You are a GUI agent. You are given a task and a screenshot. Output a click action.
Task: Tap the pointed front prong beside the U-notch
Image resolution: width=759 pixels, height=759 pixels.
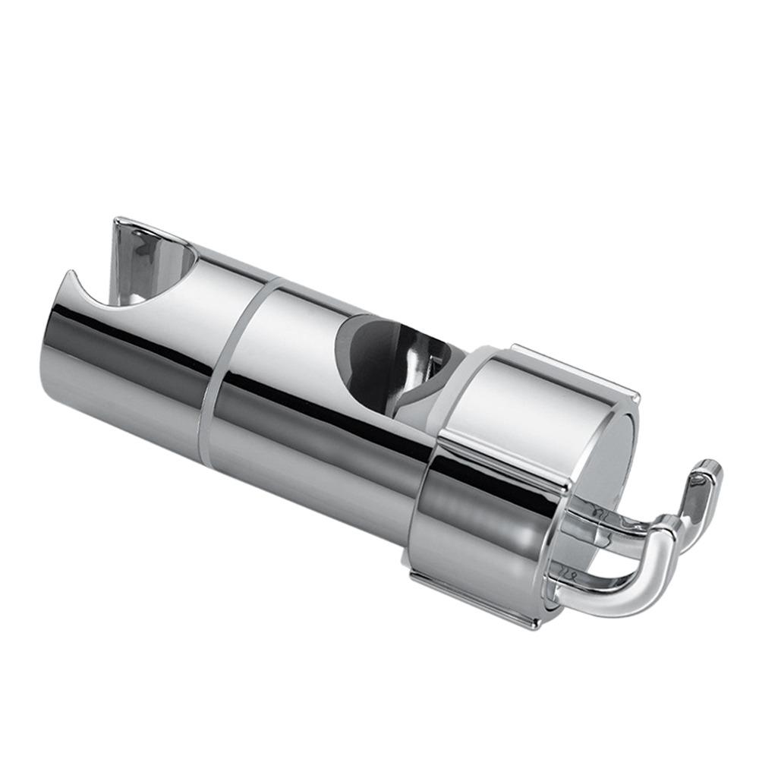coord(70,275)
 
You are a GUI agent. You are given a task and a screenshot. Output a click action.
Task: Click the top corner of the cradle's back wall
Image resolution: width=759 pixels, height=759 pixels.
coord(118,222)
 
